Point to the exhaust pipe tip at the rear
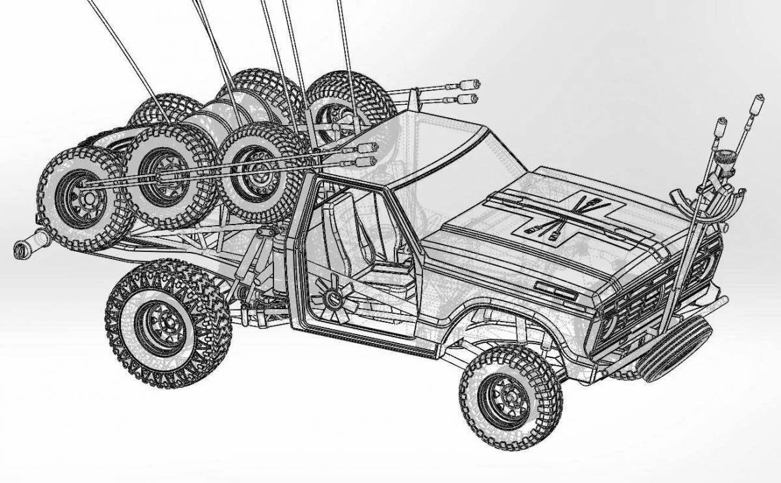[23, 247]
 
